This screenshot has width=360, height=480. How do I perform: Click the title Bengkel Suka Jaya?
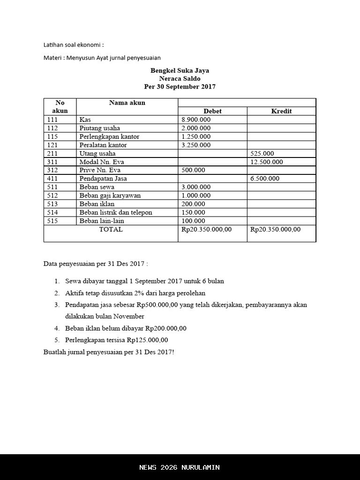click(x=180, y=71)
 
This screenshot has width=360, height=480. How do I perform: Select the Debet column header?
click(x=212, y=111)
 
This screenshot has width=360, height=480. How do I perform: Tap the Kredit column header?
click(x=281, y=111)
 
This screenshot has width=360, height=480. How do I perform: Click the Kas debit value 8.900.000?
click(x=196, y=120)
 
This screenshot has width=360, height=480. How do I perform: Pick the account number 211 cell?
click(x=52, y=153)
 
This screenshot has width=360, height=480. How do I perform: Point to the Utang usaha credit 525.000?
click(x=262, y=153)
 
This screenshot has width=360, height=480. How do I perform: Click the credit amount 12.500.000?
click(x=266, y=162)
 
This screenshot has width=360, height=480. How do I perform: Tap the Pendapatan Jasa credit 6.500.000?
click(x=264, y=179)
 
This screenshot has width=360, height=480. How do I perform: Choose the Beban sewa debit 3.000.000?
click(x=196, y=187)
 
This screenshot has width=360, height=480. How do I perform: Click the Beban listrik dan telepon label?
click(x=116, y=212)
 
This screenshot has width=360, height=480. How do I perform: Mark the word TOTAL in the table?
click(x=111, y=229)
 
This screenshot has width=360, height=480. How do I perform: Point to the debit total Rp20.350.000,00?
click(x=206, y=229)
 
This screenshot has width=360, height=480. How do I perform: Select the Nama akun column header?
click(x=127, y=103)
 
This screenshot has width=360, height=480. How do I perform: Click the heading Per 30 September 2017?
click(x=180, y=87)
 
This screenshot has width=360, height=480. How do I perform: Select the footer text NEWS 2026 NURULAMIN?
click(x=180, y=467)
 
